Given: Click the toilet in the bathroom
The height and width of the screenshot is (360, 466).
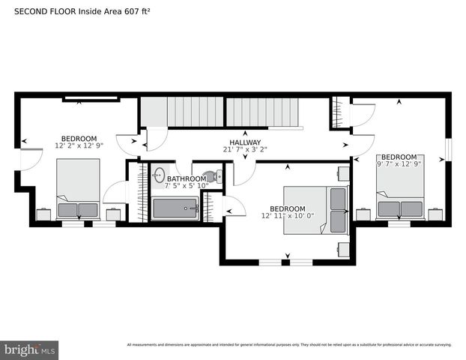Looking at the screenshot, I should (210, 177).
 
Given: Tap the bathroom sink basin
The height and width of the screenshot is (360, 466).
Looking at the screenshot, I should (158, 176).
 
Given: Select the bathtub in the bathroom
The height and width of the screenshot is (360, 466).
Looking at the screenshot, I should (175, 208).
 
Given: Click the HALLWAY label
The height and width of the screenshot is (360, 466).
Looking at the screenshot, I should (245, 142).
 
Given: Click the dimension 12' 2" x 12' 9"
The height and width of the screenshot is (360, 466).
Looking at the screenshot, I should (79, 145).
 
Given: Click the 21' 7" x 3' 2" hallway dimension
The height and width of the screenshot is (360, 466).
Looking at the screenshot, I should (245, 150).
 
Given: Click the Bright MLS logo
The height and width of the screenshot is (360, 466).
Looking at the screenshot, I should (30, 349).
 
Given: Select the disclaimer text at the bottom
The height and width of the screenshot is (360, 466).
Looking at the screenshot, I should (289, 345).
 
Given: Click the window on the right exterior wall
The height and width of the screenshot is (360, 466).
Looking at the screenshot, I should (449, 149).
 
